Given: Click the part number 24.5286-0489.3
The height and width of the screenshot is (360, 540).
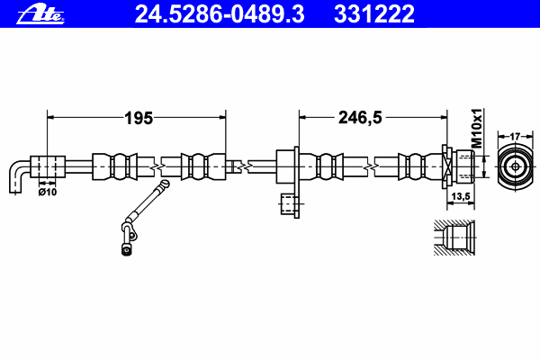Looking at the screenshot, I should tap(220, 13).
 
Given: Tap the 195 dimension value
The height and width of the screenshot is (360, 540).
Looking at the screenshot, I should tap(138, 117).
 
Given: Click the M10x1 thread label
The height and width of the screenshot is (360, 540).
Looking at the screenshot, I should tap(478, 128).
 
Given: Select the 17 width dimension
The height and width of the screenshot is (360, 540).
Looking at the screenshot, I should tap(514, 136).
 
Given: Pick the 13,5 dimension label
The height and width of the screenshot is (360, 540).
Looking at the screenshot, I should tap(460, 196).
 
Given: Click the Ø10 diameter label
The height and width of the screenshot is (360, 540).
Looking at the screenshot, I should tap(47, 191).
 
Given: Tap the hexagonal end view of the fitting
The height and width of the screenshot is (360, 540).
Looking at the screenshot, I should tap(514, 166).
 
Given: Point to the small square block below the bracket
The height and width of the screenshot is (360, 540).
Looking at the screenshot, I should tap(289, 206).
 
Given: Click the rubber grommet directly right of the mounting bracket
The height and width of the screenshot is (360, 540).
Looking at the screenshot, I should tap(327, 167).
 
